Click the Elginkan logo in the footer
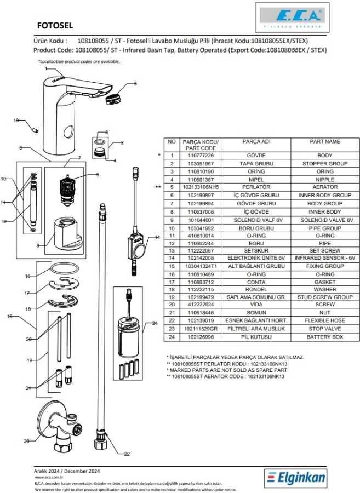(296, 478)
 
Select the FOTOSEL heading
(55, 25)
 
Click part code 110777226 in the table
(200, 156)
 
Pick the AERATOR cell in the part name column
(325, 187)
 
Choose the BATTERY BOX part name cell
(325, 337)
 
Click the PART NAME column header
(325, 141)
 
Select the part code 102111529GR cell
(200, 329)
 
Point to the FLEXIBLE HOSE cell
(325, 321)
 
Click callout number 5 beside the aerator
(135, 84)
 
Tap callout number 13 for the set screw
(16, 120)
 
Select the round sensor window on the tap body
(68, 131)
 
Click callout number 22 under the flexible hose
(127, 454)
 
